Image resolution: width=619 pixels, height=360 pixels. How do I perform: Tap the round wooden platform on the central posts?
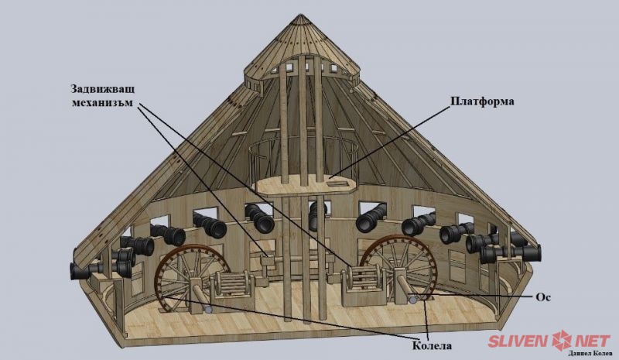click(x=306, y=183)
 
